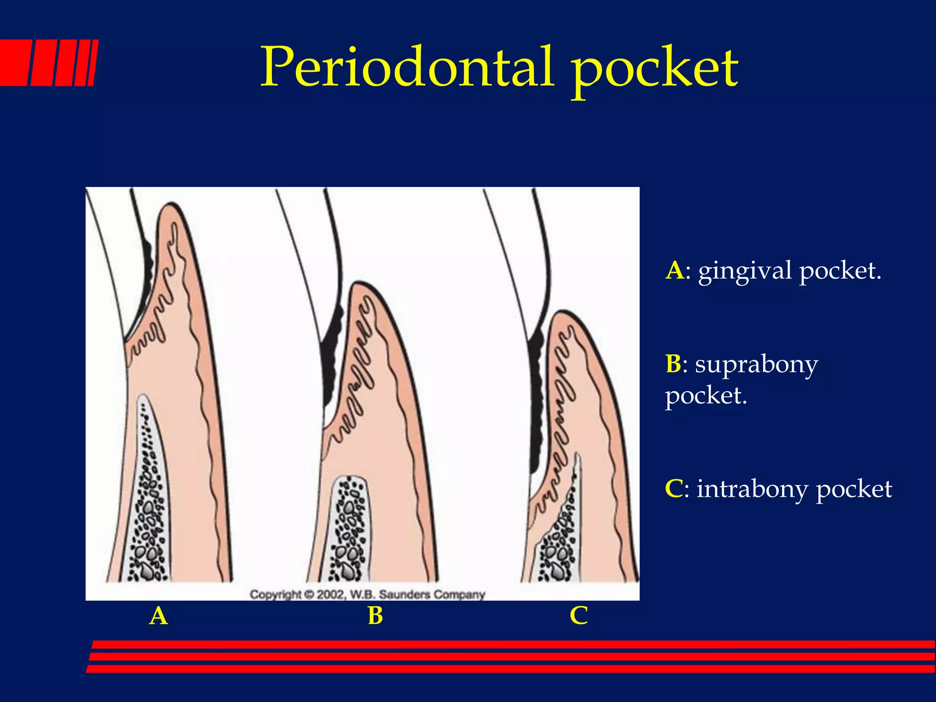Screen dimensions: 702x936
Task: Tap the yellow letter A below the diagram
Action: tap(159, 616)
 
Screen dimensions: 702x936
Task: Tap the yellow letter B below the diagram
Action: tap(375, 616)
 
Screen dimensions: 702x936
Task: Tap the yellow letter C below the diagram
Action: tap(579, 616)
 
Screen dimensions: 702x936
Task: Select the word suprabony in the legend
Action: tap(756, 365)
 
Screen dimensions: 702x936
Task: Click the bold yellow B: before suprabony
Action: tap(675, 364)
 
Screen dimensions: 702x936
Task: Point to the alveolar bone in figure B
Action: tap(350, 530)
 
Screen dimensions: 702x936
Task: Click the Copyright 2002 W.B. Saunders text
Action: tap(367, 595)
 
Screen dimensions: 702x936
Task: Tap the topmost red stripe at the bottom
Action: tap(512, 644)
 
